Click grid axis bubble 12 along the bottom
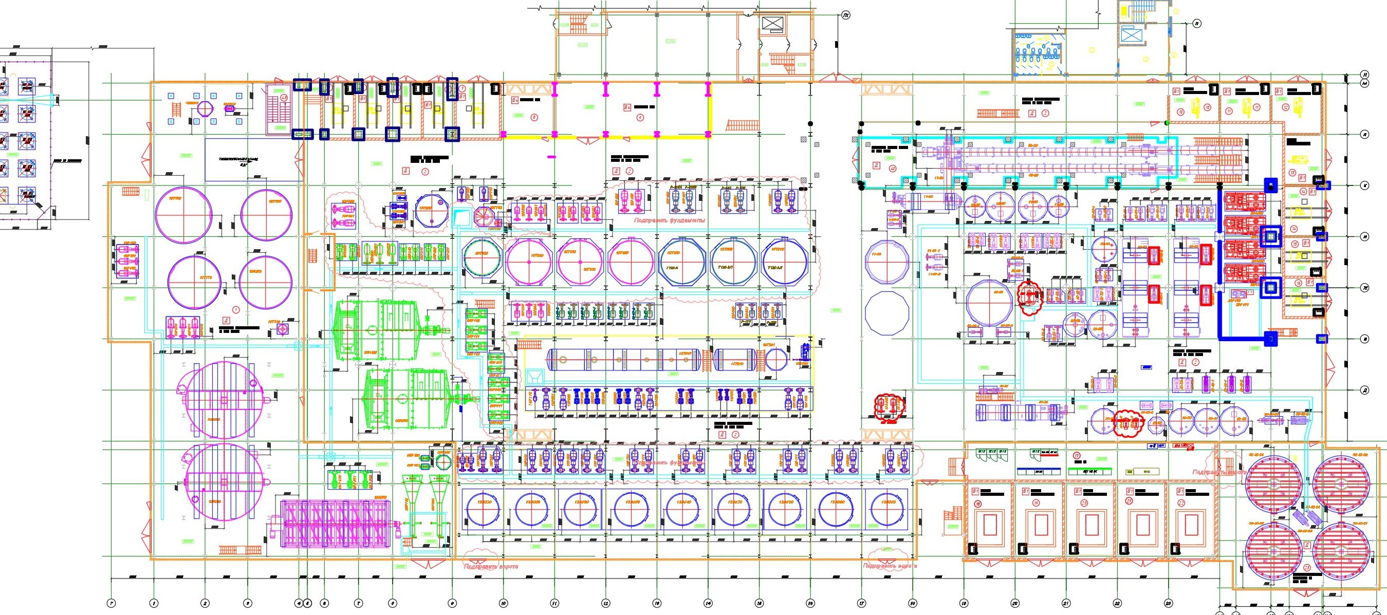(606, 603)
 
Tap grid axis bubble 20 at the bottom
(1015, 603)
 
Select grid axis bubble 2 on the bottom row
(205, 603)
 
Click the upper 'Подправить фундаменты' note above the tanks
(669, 220)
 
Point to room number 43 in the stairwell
(283, 98)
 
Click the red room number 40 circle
(893, 167)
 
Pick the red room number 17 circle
(1077, 455)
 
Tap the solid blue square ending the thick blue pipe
(1271, 339)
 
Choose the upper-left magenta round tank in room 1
(183, 214)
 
